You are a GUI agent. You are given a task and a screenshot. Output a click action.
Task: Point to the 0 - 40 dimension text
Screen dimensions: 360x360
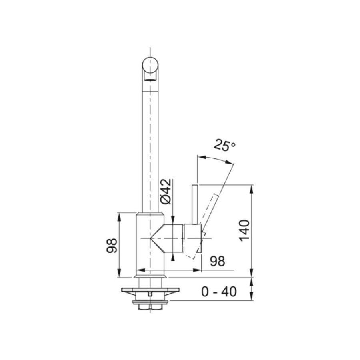(x=218, y=292)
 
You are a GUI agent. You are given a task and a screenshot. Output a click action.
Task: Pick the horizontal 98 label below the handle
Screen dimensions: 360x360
(x=218, y=261)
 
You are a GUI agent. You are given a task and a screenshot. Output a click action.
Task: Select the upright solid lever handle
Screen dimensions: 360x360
(x=195, y=204)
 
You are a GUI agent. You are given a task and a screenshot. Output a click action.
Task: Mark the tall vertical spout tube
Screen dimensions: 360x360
(x=150, y=144)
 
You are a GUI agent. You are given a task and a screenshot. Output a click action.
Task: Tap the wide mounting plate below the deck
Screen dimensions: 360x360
(x=150, y=291)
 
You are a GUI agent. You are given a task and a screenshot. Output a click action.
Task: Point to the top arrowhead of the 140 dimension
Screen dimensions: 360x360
(x=252, y=188)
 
